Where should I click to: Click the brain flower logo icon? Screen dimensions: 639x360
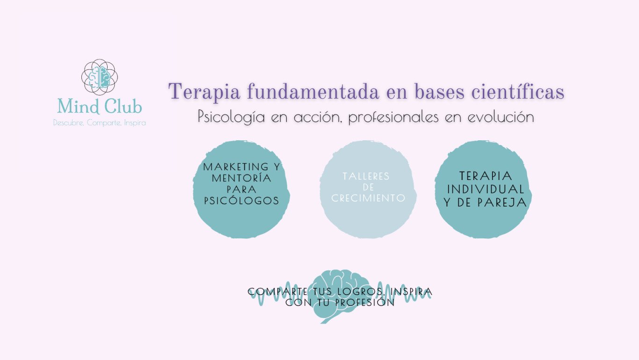[100, 77]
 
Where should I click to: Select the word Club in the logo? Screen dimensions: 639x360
[123, 106]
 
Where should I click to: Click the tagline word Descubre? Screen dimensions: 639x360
[68, 123]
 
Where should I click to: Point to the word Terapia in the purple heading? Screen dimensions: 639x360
[204, 92]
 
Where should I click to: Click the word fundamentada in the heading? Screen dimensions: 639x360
[313, 91]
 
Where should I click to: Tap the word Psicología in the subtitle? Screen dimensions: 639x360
[232, 117]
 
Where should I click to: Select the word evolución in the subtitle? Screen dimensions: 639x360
[501, 117]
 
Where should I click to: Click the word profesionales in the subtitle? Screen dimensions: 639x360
[393, 117]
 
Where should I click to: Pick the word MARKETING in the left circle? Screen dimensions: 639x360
[236, 167]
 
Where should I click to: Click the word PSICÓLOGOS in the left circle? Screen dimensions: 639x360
[241, 201]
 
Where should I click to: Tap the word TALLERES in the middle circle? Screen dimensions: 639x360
[366, 176]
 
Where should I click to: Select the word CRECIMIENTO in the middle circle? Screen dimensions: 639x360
[368, 198]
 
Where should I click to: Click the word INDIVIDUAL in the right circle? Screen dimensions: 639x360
[486, 189]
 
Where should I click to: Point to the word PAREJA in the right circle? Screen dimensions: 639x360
[502, 202]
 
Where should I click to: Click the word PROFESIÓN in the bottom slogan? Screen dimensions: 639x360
[365, 302]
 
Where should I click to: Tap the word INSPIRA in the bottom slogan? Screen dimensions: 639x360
[411, 292]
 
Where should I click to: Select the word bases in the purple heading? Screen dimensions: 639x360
[439, 91]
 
